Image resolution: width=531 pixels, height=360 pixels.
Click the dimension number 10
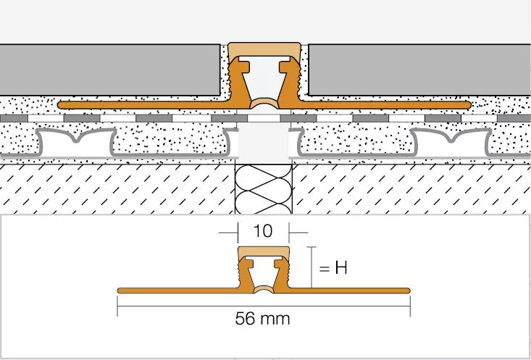[262, 231]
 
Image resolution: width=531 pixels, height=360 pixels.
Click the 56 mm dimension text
[262, 319]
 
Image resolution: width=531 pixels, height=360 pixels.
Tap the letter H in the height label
[341, 268]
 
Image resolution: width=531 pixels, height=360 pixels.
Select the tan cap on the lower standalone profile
[264, 253]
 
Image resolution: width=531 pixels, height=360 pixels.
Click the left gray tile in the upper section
[109, 70]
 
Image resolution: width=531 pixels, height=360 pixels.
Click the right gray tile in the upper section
[419, 70]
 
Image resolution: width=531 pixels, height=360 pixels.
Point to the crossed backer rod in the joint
[264, 189]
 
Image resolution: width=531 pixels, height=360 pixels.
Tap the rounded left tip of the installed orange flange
[60, 105]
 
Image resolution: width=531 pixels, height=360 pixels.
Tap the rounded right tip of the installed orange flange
[469, 105]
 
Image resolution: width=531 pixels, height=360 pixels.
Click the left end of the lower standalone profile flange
[120, 290]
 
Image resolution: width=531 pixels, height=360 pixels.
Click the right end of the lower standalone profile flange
[408, 290]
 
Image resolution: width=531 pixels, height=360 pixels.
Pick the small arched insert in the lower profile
[264, 288]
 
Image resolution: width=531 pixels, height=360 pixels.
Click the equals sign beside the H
[324, 269]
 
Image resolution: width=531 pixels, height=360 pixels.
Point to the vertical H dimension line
[312, 267]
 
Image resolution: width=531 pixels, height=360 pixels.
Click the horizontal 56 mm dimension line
[264, 306]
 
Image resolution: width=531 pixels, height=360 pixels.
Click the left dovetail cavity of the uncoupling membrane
[76, 143]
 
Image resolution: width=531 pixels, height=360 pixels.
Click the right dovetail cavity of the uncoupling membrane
[451, 143]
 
